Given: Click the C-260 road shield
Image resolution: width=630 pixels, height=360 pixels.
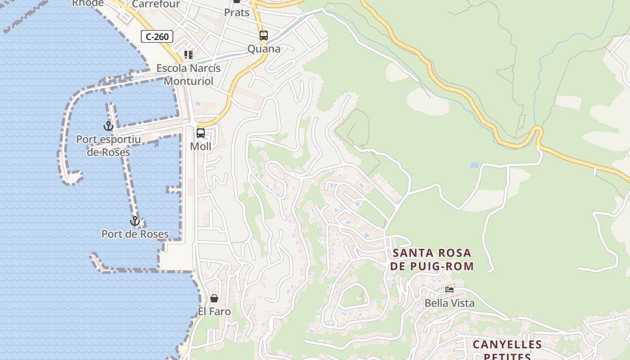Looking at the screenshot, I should [157, 36].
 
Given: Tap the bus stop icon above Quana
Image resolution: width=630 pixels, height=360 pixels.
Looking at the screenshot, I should [264, 35].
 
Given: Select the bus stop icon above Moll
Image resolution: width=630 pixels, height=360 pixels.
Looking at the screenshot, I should [201, 133].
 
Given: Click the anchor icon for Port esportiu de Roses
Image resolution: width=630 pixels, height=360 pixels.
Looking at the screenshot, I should [108, 126].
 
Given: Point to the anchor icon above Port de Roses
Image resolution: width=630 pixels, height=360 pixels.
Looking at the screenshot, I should [135, 221].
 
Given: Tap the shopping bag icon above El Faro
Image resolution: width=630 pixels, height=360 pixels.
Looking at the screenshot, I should [214, 298].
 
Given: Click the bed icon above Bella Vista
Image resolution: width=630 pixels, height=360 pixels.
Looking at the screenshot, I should [450, 290].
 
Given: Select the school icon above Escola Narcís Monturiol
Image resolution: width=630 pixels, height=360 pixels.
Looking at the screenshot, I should [188, 55].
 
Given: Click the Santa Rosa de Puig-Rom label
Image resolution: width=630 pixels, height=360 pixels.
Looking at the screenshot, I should [432, 260].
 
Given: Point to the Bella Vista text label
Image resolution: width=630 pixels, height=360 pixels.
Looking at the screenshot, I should [450, 303].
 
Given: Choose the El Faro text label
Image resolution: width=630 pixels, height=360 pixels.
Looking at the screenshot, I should [214, 311].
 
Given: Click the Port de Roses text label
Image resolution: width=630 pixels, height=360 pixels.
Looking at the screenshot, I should [135, 234].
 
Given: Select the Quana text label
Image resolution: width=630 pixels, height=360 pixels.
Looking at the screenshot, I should [264, 49].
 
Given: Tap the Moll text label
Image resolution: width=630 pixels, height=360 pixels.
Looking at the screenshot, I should [201, 146].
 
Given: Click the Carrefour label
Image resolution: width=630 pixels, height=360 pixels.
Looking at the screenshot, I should [156, 4].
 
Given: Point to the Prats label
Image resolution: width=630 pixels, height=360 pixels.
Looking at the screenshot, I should [237, 13].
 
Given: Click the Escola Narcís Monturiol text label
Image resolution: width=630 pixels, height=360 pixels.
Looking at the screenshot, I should [188, 75].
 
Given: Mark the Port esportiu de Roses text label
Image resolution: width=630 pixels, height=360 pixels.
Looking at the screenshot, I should [108, 146].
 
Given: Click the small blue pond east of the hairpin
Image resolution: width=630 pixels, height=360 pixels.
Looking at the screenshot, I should [474, 165].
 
